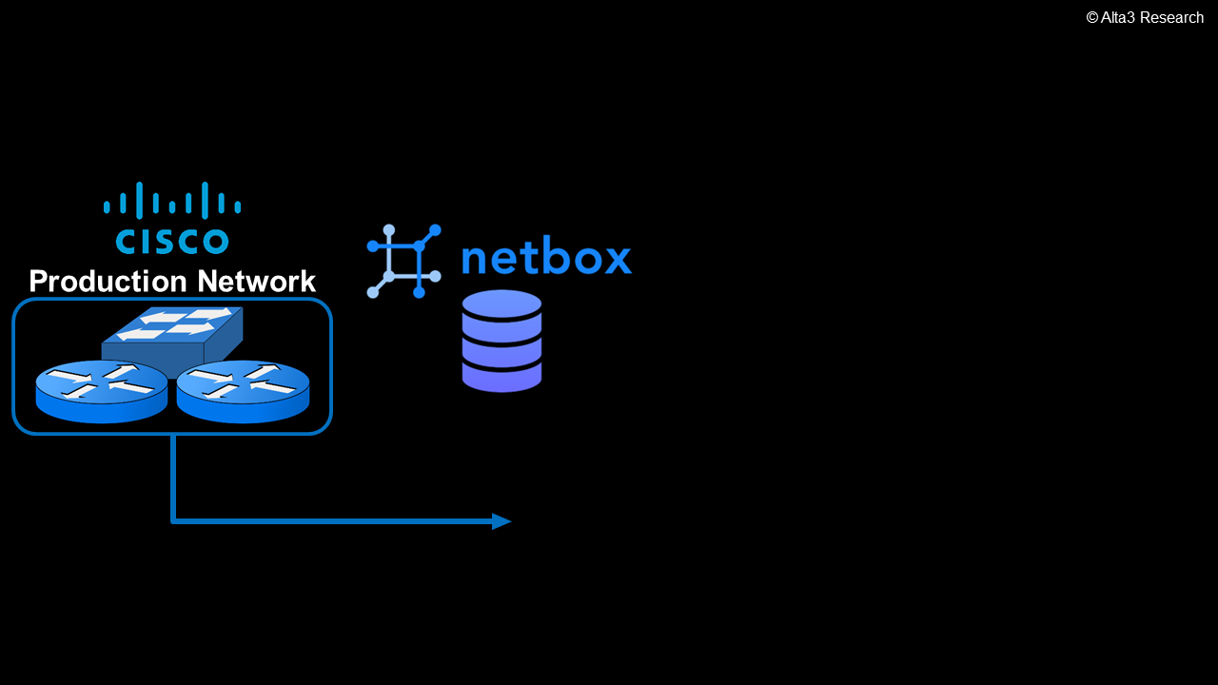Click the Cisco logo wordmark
click(172, 241)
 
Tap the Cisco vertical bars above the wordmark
click(172, 201)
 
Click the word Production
click(109, 282)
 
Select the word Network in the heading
click(257, 282)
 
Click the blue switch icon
click(173, 333)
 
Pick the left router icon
click(102, 391)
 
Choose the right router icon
click(243, 391)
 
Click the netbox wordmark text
click(546, 259)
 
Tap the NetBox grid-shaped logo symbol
click(403, 262)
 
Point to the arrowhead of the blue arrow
click(501, 521)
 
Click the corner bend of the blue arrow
click(173, 520)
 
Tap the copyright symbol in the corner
click(1092, 18)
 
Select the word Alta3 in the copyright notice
click(1119, 18)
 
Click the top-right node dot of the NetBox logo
click(435, 230)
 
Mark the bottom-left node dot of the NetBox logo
click(373, 292)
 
